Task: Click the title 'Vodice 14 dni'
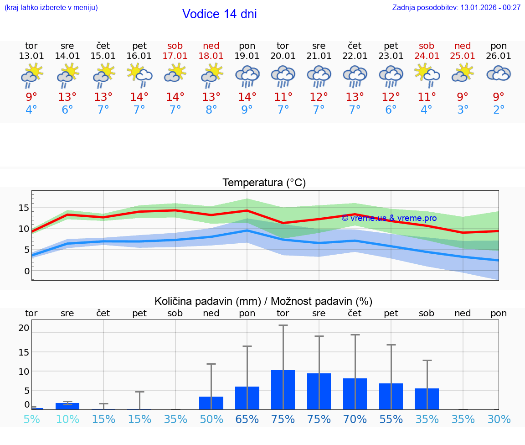[219, 14]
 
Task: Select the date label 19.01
[247, 56]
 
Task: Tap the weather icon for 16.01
[139, 75]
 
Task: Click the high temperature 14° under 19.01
[247, 97]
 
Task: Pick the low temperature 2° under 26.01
[499, 110]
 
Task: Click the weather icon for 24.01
[427, 75]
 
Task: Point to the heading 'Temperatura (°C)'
[264, 183]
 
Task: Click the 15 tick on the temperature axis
[24, 208]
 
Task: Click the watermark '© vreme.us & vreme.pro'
[389, 218]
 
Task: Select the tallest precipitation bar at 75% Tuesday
[283, 390]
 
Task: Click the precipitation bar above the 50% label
[211, 403]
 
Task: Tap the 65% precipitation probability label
[247, 419]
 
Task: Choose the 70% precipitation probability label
[355, 419]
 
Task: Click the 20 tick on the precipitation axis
[24, 328]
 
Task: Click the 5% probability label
[31, 419]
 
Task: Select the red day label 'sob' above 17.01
[175, 46]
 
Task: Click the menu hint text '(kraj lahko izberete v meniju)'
[51, 7]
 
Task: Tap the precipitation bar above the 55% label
[391, 396]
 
